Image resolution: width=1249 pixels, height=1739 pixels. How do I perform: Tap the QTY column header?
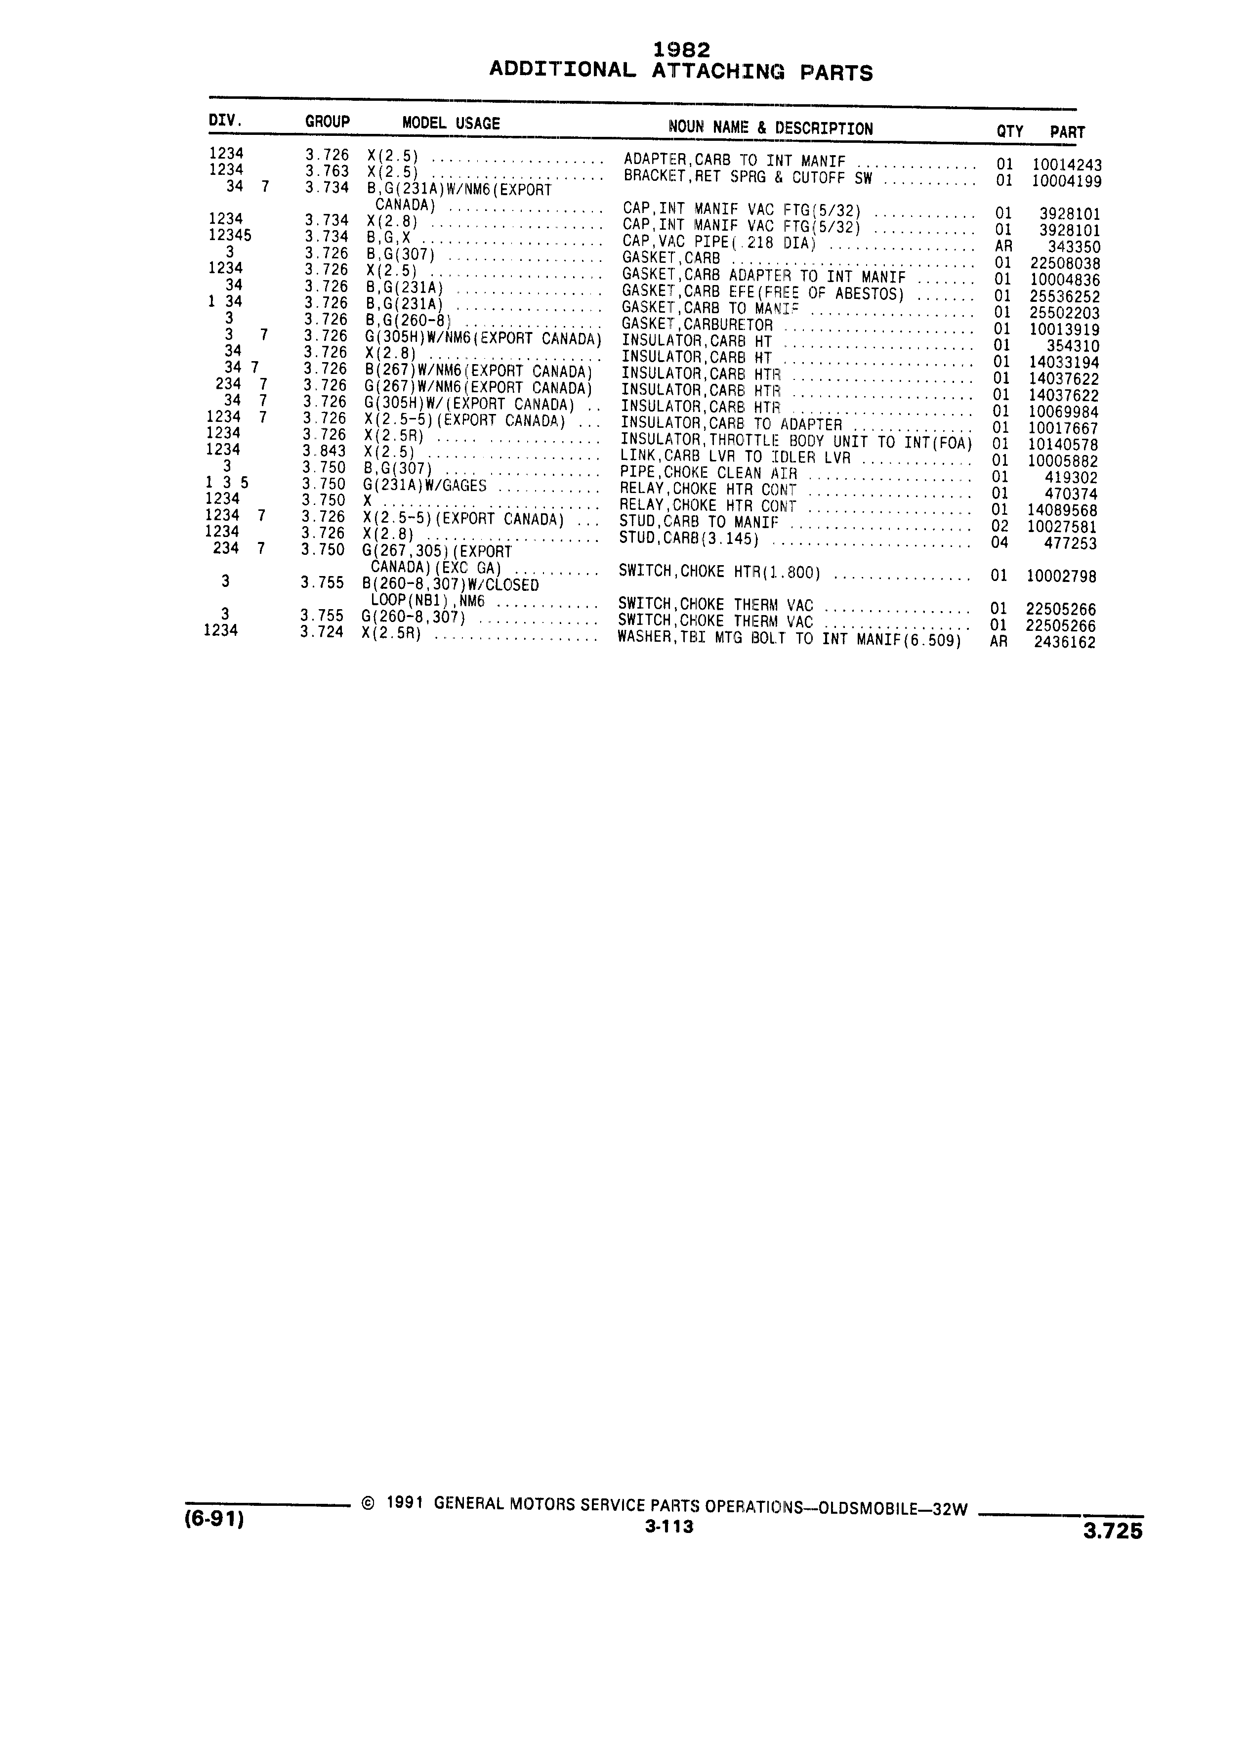(1010, 131)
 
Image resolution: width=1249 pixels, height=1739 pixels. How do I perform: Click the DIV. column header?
(225, 121)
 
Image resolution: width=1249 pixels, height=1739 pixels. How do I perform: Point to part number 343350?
(1074, 247)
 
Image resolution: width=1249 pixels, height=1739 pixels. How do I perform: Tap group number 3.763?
(327, 171)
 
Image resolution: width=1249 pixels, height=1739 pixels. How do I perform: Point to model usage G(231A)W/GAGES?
(425, 485)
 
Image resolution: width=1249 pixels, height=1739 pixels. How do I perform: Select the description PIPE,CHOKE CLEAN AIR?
(708, 474)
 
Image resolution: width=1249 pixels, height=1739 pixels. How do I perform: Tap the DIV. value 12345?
(230, 235)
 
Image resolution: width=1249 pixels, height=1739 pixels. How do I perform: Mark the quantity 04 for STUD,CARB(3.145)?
(1000, 543)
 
